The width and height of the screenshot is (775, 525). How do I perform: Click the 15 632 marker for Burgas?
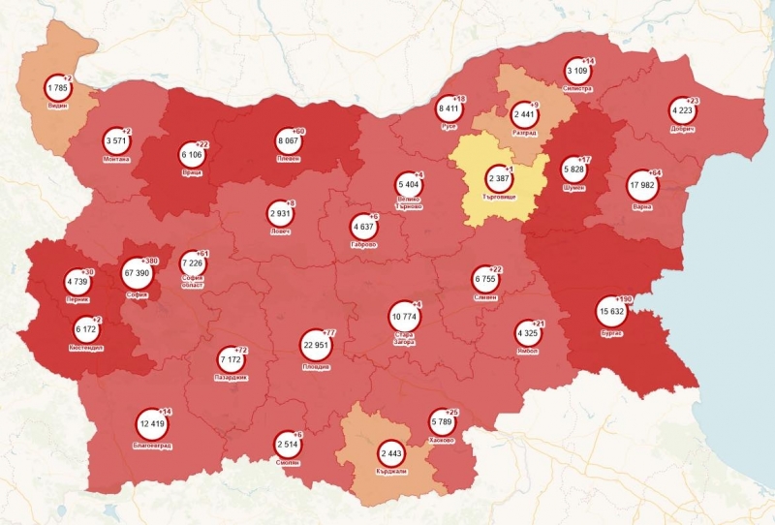pyautogui.click(x=611, y=312)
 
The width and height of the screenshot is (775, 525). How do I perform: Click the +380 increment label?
pyautogui.click(x=151, y=262)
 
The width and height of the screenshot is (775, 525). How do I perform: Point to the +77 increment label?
pyautogui.click(x=328, y=331)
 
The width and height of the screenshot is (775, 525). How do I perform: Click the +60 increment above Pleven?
pyautogui.click(x=297, y=132)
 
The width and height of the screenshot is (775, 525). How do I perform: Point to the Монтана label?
pyautogui.click(x=115, y=158)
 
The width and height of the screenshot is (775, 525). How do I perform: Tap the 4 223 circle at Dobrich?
pyautogui.click(x=682, y=111)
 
